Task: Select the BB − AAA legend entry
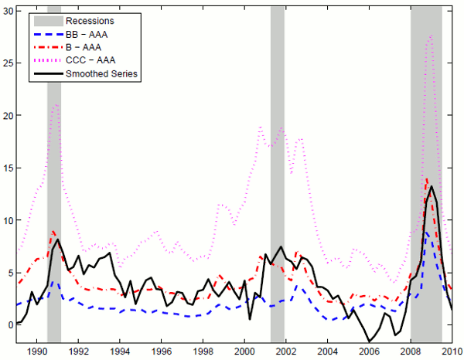coord(86,33)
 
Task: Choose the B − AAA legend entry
coord(84,47)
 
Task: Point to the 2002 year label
coord(286,352)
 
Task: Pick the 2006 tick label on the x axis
coord(369,352)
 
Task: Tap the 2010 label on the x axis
coord(452,352)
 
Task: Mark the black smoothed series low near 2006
coord(370,341)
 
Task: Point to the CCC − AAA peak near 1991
coord(56,104)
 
